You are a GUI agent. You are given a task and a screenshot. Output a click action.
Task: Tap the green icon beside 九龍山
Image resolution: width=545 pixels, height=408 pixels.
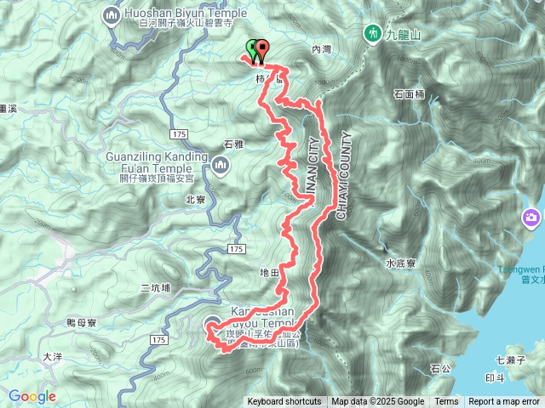[x=373, y=33]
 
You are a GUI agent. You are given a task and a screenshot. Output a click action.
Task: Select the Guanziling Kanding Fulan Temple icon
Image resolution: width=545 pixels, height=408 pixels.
[x=221, y=163]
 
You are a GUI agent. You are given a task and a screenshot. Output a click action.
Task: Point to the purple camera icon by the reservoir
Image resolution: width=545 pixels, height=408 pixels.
[x=533, y=218]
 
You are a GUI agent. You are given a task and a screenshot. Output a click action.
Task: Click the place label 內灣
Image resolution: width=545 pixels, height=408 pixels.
[x=321, y=50]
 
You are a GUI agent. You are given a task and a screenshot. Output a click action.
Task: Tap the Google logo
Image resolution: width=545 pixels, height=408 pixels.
[x=32, y=396]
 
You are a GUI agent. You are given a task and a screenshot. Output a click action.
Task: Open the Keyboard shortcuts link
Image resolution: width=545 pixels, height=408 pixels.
[x=284, y=402]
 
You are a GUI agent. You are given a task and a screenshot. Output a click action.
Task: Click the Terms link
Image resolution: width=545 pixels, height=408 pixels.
[x=446, y=402]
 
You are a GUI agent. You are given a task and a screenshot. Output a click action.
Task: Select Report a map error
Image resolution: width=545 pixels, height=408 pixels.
[x=505, y=402]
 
